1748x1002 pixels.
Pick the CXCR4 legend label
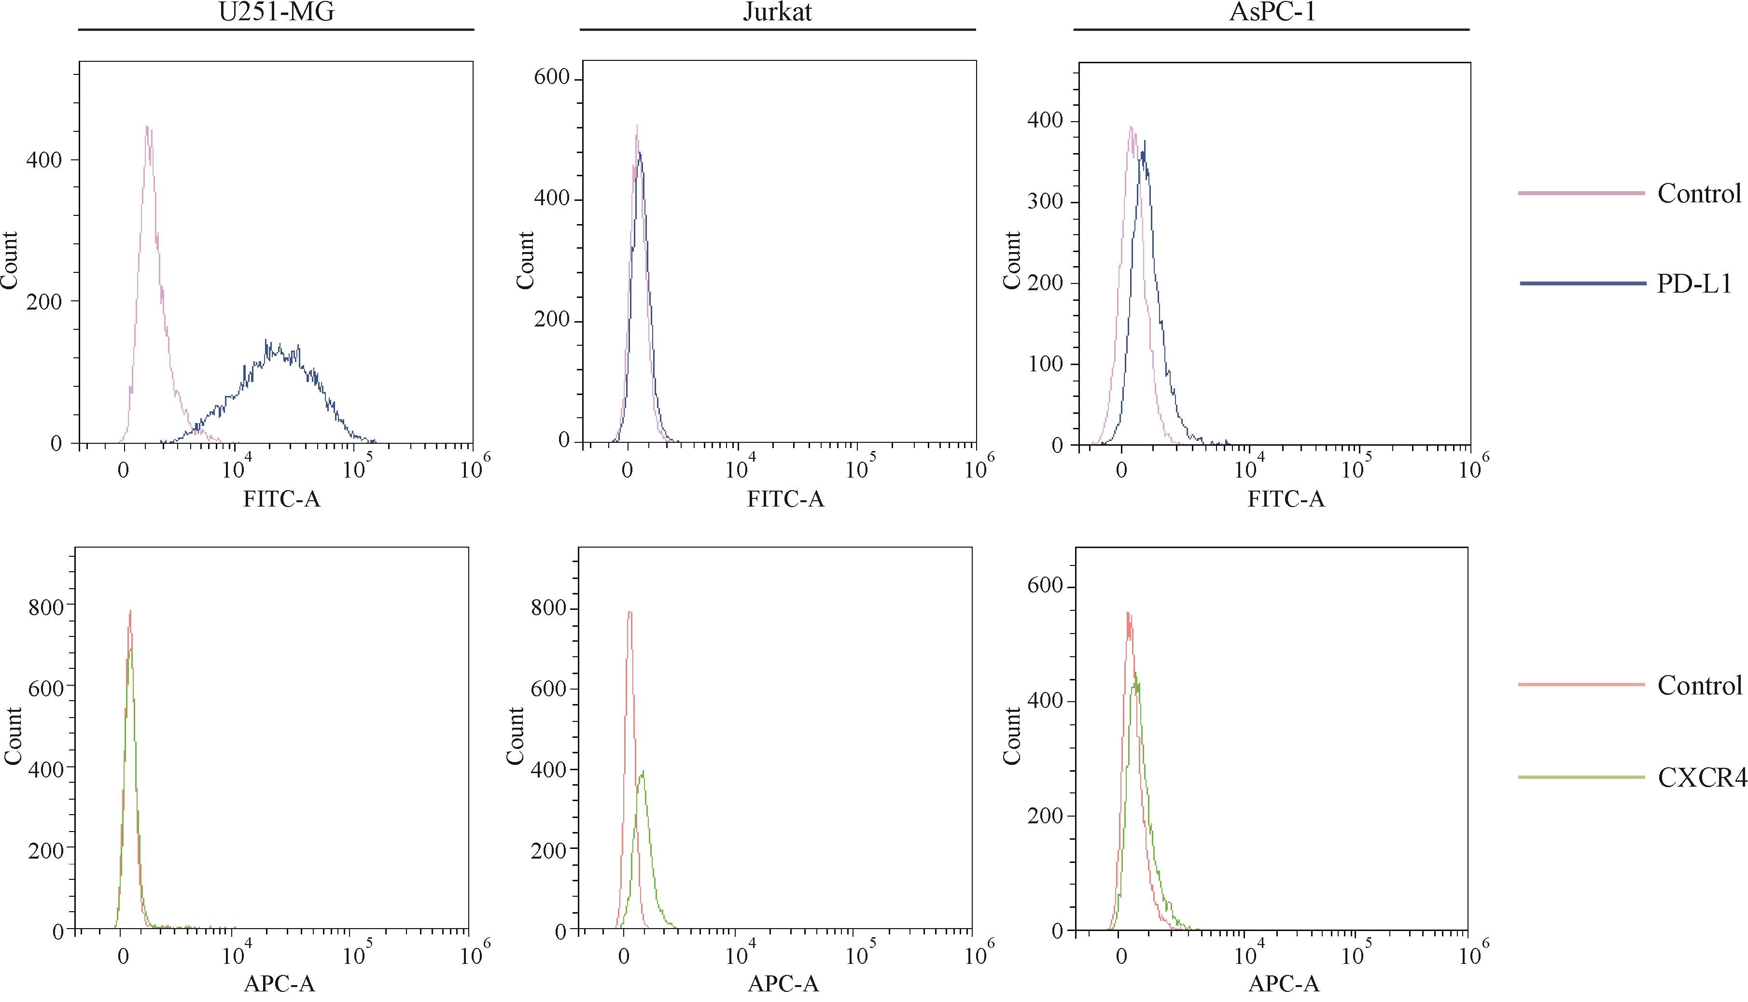point(1701,777)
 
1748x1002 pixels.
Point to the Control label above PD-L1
point(1699,193)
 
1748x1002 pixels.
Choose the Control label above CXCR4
point(1699,685)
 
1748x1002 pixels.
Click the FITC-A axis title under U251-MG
point(281,498)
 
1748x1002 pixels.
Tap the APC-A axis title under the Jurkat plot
point(783,984)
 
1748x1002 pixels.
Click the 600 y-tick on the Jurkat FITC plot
point(552,78)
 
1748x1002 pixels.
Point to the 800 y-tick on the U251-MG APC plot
point(45,607)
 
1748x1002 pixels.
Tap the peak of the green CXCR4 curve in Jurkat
point(643,772)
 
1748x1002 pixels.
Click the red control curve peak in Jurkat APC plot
point(629,612)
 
